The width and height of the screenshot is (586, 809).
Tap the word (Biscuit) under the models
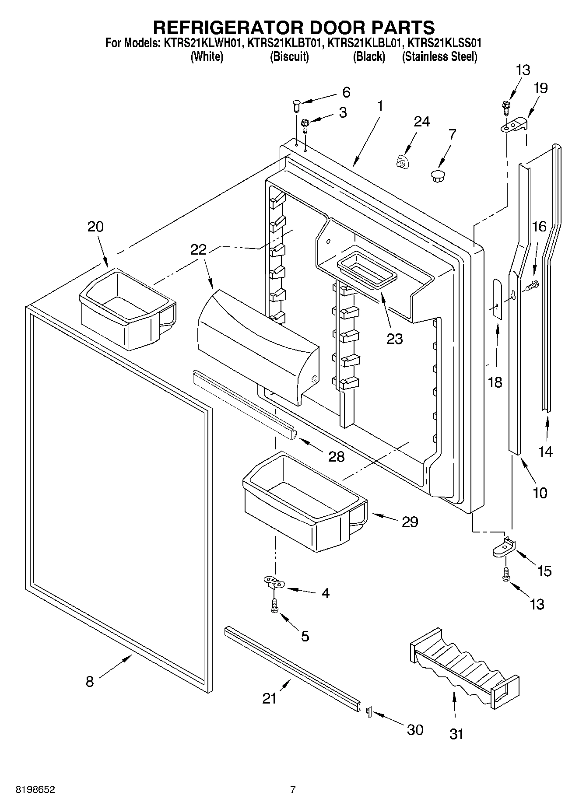[x=289, y=57]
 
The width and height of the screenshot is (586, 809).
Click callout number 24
[x=421, y=122]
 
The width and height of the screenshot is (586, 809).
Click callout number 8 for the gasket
[x=89, y=681]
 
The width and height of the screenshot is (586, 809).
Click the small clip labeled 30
[x=368, y=712]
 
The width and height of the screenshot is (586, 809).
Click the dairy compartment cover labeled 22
[x=258, y=346]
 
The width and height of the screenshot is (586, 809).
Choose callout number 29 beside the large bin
[x=410, y=522]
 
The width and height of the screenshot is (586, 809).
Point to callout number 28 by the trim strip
[x=337, y=457]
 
